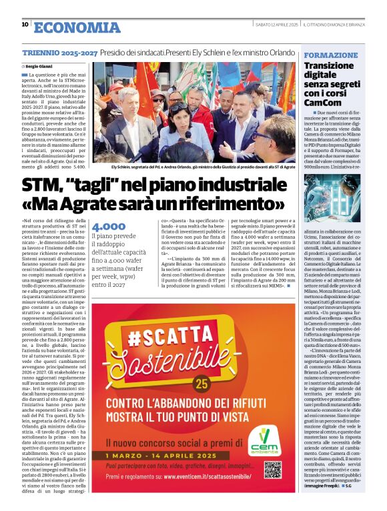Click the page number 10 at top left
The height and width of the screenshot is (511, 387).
coord(25,25)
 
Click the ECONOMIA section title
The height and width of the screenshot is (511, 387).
coord(76,27)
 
